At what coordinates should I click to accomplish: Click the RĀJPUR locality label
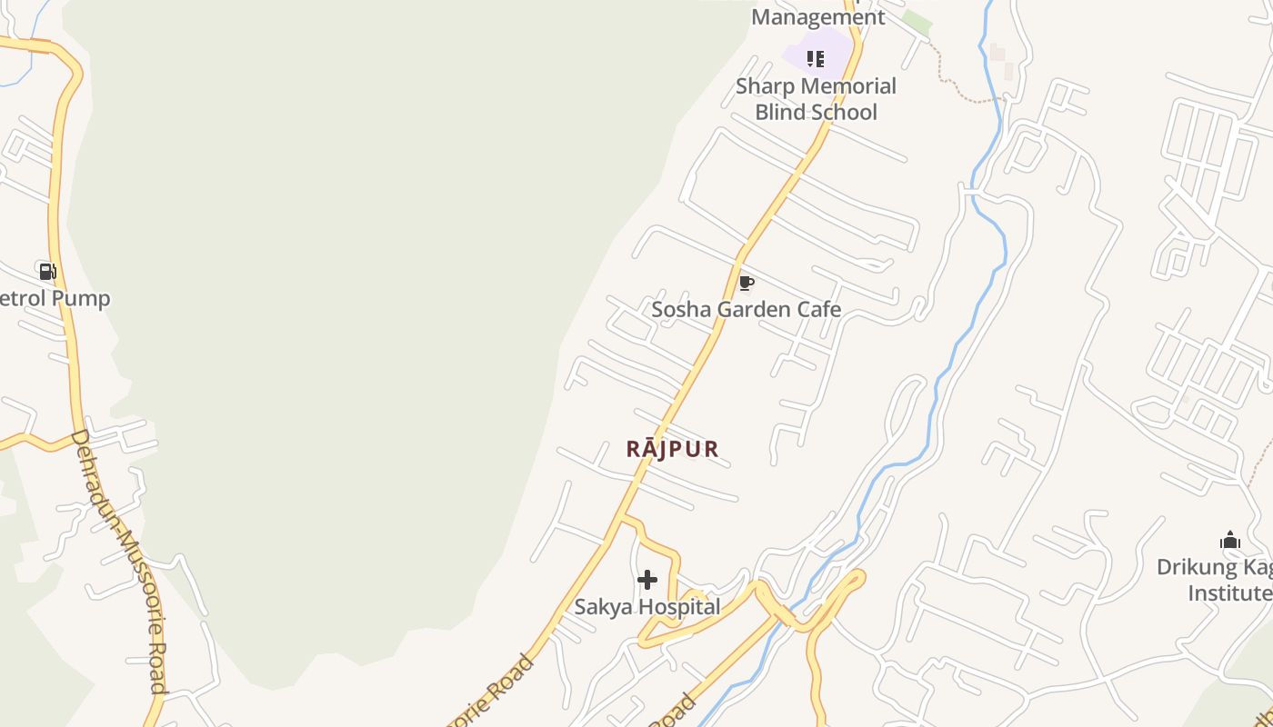click(x=673, y=448)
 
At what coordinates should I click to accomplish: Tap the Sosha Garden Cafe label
click(x=746, y=309)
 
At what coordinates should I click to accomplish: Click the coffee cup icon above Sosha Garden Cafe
click(x=746, y=284)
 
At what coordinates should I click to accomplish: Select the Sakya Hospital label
click(x=647, y=606)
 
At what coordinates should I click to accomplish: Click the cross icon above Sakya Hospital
click(x=647, y=580)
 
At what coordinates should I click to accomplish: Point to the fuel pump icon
click(x=47, y=271)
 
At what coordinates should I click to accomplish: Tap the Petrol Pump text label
click(x=55, y=298)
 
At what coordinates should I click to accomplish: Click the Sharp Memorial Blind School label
click(x=816, y=99)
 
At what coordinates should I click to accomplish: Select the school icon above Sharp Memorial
click(x=816, y=59)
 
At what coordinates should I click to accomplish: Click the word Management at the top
click(x=817, y=16)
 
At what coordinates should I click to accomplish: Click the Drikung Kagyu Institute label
click(x=1215, y=580)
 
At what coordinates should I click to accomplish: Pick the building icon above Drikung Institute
click(x=1230, y=541)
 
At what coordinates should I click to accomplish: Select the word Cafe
click(x=818, y=309)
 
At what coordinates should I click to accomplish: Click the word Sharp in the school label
click(x=764, y=86)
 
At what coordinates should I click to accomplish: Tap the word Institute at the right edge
click(x=1229, y=593)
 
